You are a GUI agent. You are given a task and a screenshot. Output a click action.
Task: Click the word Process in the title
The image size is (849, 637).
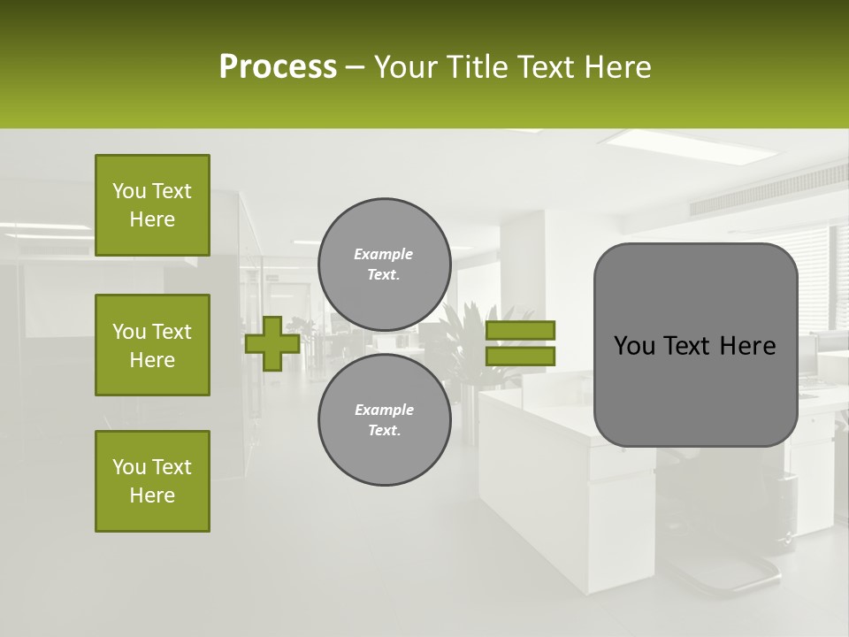pos(278,67)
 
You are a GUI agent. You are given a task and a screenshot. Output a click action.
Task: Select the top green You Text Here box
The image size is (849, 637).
pos(152,205)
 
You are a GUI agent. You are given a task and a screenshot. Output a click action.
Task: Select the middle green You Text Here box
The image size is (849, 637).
pos(152,345)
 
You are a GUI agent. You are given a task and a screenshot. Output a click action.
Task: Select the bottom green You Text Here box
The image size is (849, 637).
pos(152,481)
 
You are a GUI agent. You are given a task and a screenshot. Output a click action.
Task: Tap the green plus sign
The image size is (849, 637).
pos(272,343)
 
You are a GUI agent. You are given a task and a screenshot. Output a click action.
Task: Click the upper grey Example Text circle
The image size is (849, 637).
pos(384,265)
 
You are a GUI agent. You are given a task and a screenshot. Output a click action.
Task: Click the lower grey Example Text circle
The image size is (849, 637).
pos(384,420)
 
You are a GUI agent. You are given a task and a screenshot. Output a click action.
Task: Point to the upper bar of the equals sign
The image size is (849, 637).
pos(520,330)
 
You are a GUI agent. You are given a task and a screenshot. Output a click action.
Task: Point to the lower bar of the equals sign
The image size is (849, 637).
pos(520,356)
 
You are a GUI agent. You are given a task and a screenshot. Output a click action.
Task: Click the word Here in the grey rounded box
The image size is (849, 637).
pos(748,346)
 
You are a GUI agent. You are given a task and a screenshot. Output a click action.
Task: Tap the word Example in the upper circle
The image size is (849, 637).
pos(383,254)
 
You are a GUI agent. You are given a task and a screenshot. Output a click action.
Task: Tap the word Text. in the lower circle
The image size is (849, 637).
pos(384,431)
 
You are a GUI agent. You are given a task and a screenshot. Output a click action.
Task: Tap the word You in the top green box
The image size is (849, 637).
pos(128,191)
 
